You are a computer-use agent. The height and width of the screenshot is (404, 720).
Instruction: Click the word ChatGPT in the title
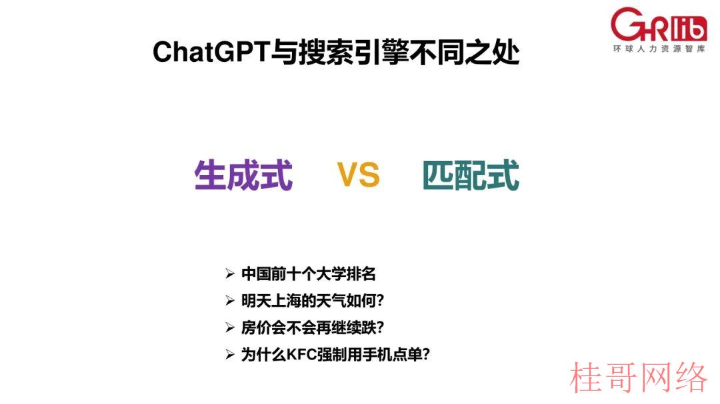tap(211, 52)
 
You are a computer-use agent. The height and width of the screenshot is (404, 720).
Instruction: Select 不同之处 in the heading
tap(465, 52)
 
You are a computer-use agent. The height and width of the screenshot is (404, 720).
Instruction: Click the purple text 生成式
tap(243, 175)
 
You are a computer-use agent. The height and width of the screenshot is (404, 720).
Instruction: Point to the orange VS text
tap(358, 175)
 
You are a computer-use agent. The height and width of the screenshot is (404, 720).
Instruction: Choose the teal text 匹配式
tap(471, 175)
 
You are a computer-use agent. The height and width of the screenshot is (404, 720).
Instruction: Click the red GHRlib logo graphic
tap(659, 25)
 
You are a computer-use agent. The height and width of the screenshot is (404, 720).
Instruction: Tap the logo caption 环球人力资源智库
tap(659, 49)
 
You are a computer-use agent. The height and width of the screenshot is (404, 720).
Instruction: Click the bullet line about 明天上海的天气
tap(313, 300)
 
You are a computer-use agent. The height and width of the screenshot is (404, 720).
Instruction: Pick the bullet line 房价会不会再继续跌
tap(313, 327)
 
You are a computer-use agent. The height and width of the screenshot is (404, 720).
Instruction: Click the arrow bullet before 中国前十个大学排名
tap(230, 274)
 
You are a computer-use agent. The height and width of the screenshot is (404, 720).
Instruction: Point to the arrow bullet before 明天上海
tap(230, 301)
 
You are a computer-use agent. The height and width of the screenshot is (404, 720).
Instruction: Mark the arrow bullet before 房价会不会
tap(230, 327)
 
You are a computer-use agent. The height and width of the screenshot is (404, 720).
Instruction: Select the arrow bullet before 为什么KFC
tap(230, 355)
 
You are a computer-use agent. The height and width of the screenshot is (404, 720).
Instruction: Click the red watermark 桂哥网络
tap(638, 377)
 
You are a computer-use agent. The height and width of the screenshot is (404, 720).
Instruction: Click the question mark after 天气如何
tap(380, 301)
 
